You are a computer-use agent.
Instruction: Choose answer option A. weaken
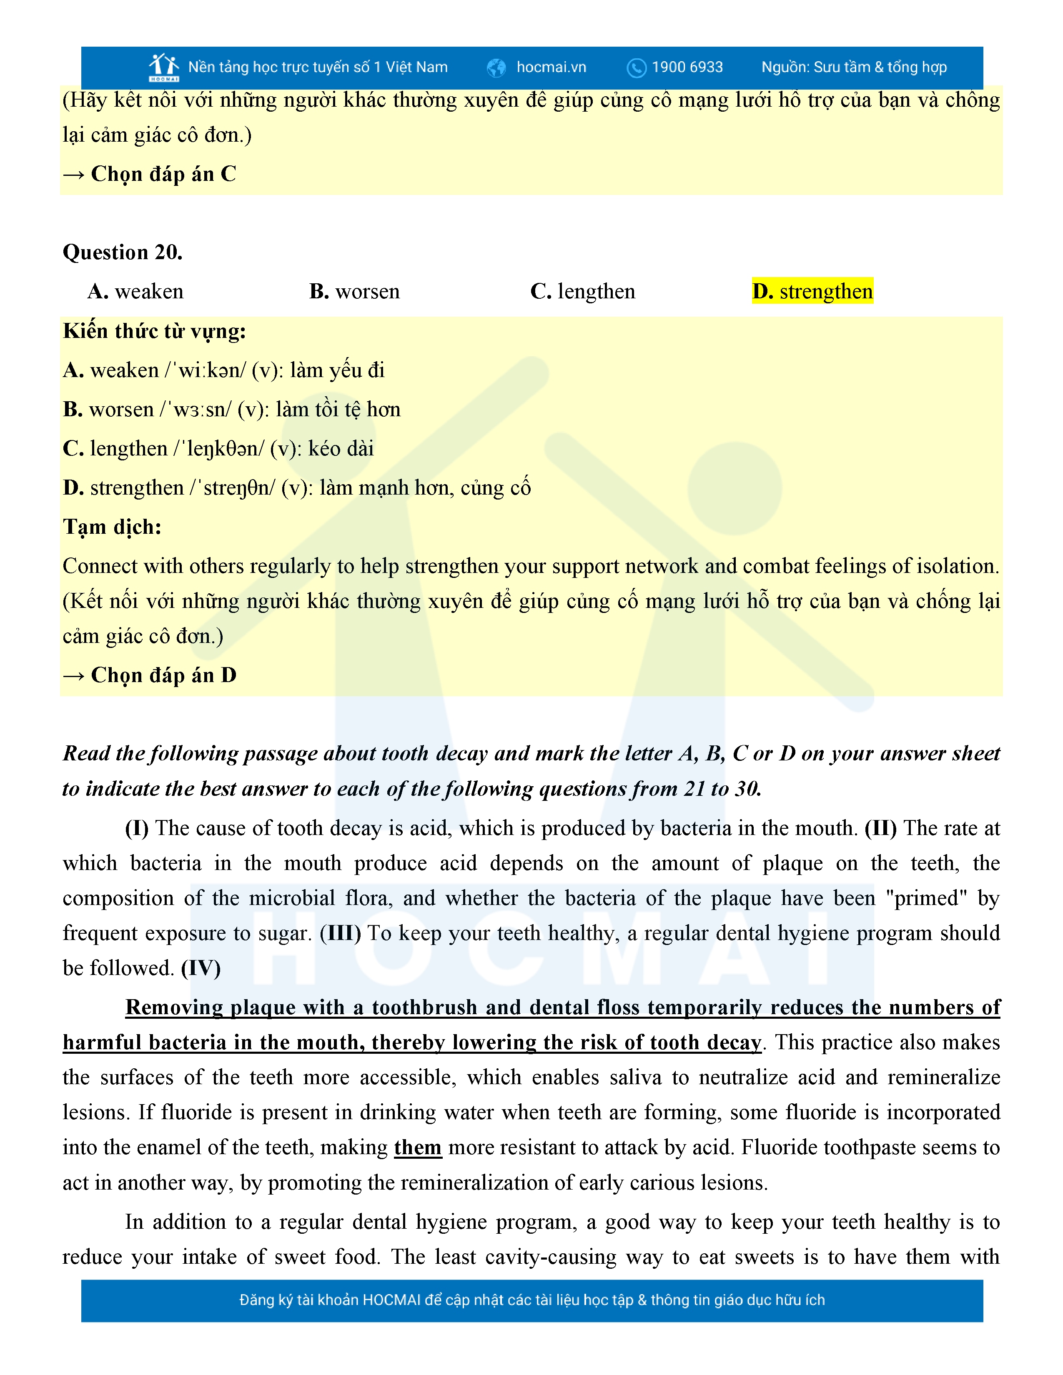click(135, 292)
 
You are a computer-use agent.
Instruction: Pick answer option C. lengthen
click(582, 292)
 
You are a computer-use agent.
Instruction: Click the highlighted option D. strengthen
click(812, 292)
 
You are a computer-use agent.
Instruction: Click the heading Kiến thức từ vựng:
click(154, 331)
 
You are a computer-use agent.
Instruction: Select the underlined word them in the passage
click(418, 1148)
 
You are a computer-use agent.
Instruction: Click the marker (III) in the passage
click(340, 933)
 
